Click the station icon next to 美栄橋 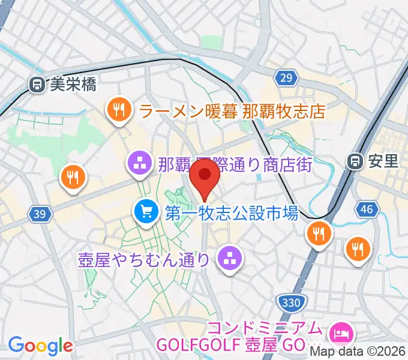37,85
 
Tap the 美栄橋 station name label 72,85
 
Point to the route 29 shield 287,77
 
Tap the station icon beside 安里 356,161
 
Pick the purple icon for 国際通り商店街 140,163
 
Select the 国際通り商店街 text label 235,164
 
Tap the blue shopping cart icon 147,211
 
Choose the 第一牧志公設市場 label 231,212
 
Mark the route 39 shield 40,215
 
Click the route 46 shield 367,209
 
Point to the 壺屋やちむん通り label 144,259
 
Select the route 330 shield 291,302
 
